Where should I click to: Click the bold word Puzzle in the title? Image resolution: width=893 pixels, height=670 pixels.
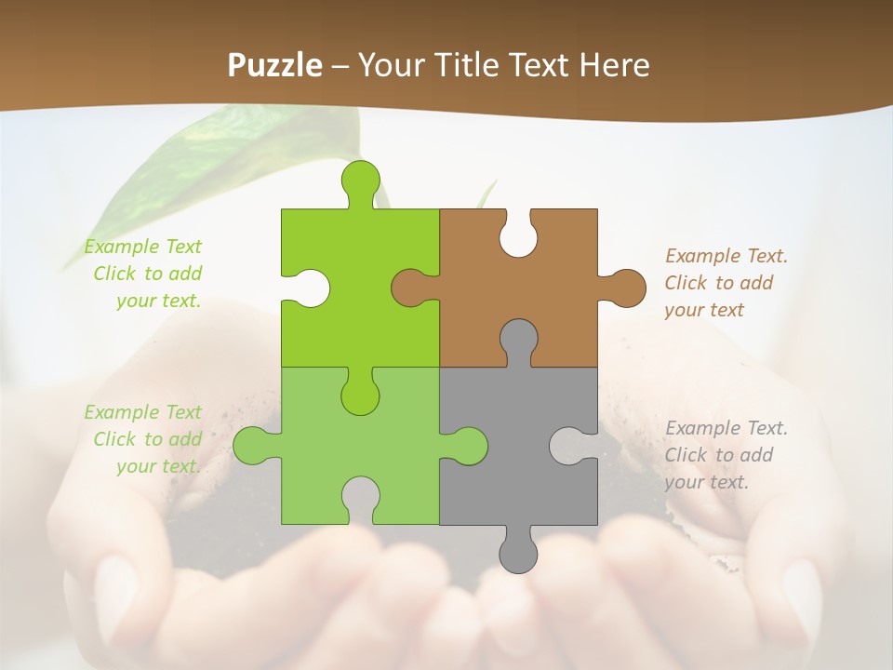coord(275,65)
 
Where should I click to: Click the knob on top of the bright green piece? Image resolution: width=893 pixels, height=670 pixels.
coord(360,180)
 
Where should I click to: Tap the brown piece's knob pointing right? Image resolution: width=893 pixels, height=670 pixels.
coord(625,288)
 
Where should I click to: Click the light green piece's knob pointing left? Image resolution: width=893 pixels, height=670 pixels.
coord(252,446)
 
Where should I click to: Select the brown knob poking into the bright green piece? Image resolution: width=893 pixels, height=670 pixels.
coord(410,288)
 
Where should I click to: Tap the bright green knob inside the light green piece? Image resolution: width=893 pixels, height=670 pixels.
coord(360,395)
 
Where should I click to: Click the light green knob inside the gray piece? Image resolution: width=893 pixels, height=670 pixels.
coord(468,446)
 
